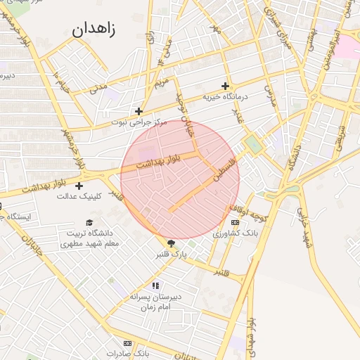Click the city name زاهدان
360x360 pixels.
click(94, 29)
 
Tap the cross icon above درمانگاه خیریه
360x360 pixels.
click(225, 85)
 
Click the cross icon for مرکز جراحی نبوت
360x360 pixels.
click(139, 111)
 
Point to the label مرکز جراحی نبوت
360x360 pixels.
click(139, 122)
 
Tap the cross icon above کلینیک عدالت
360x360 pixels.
click(79, 186)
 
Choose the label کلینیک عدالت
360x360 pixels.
click(79, 196)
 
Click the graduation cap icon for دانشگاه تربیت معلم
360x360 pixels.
click(89, 222)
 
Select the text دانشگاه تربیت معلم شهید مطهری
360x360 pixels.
click(89, 238)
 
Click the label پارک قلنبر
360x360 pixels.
click(174, 254)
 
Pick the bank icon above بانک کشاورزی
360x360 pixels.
click(234, 222)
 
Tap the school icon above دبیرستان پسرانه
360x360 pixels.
click(155, 285)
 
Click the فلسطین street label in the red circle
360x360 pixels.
click(226, 171)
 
